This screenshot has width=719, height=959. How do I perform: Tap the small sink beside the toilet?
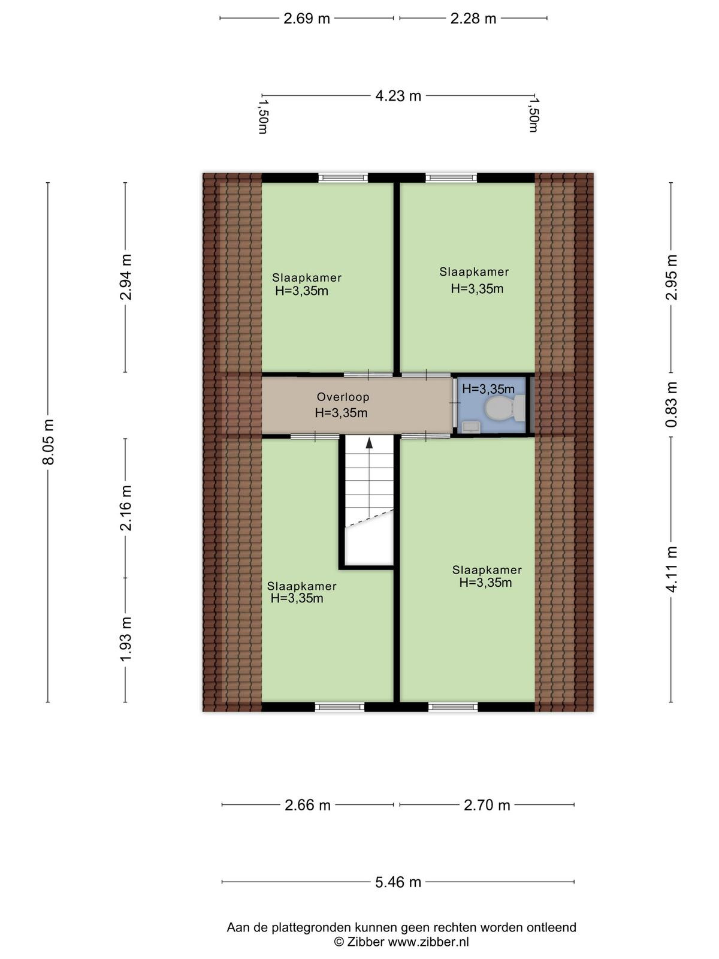pos(470,426)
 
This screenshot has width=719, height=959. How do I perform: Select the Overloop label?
pos(343,397)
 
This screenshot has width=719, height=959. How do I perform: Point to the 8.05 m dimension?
pos(48,442)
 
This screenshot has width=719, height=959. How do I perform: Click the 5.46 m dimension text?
pos(398,882)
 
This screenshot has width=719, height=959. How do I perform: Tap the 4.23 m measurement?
pos(398,96)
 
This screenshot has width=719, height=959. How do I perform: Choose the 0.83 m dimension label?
pos(672,404)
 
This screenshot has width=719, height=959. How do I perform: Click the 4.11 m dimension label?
pos(672,569)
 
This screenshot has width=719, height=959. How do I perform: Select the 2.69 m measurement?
pos(306,19)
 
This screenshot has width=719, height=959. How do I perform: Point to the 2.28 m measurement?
pos(473,19)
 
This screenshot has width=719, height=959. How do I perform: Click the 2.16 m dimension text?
pos(126,508)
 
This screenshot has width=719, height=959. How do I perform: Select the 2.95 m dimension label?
pos(672,277)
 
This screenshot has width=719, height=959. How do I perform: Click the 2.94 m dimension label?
pos(126,277)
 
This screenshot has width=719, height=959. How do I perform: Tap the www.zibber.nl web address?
pos(428,942)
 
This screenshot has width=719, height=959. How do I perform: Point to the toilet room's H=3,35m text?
pos(488,388)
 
